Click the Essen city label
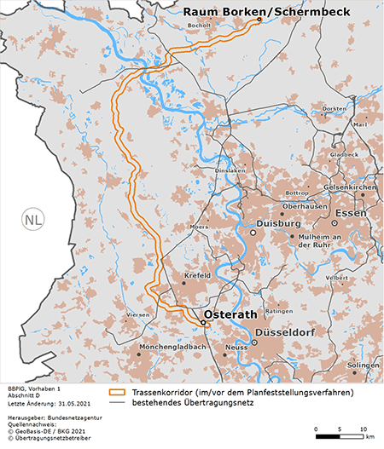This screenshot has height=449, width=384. click(351, 212)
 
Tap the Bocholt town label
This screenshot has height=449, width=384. click(200, 26)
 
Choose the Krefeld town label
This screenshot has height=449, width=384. click(196, 277)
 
